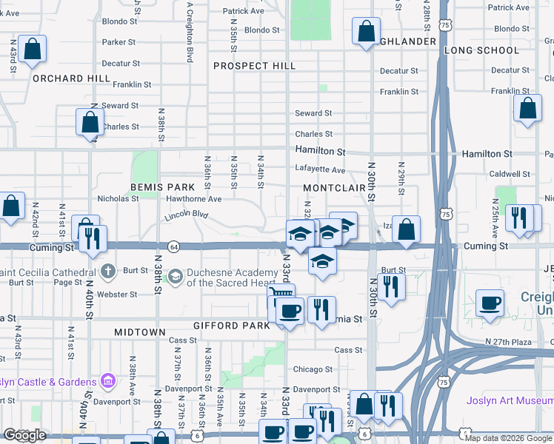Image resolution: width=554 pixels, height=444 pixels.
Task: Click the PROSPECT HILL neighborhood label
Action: pos(254,66)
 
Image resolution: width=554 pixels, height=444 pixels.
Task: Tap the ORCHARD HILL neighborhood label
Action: pos(61,78)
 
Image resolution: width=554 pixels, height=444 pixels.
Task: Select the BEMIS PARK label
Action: pos(161,188)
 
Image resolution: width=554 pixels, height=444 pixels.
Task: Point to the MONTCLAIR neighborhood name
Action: pos(336,188)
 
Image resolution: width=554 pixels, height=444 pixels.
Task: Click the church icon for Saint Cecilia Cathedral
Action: pos(109,272)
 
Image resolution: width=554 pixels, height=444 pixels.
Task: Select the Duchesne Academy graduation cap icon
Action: pos(175,277)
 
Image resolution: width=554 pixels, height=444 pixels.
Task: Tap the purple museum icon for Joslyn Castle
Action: pos(108,382)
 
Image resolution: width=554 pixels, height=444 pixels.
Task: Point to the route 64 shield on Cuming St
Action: pos(173,246)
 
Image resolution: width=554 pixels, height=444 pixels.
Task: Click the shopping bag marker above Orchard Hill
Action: pos(32,50)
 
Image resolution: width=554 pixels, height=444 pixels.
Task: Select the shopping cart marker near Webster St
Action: pos(281,297)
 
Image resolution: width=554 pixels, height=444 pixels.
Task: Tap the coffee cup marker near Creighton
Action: pos(490,303)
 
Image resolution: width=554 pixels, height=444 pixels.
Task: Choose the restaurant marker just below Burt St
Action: pos(390,286)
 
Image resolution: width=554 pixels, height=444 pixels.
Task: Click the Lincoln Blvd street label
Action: pos(187,215)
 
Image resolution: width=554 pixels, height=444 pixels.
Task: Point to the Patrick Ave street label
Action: pos(243,11)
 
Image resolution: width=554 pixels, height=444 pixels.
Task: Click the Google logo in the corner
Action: pos(24,435)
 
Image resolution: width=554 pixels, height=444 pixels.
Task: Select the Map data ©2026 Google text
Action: pos(507,438)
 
